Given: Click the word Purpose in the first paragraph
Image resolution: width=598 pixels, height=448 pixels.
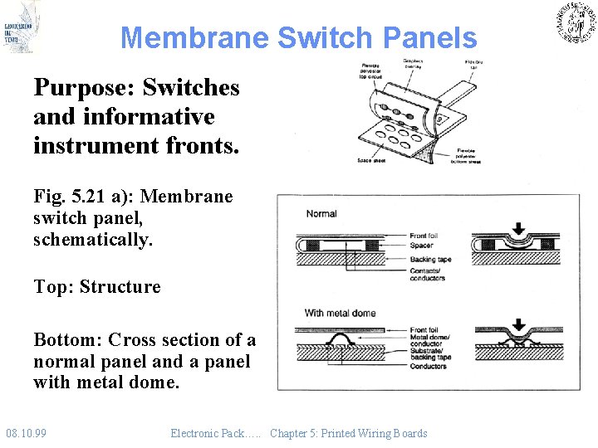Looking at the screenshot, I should click(81, 87).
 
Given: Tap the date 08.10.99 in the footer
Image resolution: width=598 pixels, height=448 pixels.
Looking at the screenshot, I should click(26, 433).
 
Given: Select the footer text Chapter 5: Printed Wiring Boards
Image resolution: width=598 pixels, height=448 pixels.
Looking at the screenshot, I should click(348, 433).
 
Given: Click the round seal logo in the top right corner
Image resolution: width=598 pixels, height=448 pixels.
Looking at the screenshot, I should click(576, 22).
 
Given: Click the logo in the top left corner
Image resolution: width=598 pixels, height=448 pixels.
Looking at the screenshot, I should click(21, 27).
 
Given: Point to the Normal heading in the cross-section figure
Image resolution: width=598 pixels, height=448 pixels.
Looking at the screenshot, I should click(321, 214).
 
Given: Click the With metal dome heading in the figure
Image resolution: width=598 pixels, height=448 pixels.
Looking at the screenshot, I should click(340, 313).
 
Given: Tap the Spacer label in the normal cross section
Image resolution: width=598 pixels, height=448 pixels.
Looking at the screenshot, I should click(423, 246).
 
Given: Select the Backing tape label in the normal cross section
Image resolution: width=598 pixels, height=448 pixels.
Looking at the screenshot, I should click(430, 259).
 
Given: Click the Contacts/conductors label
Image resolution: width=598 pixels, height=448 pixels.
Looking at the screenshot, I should click(428, 275).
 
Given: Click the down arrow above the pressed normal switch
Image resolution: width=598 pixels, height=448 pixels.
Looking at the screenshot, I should click(519, 228).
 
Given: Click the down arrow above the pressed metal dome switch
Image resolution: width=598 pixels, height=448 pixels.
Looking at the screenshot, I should click(519, 324).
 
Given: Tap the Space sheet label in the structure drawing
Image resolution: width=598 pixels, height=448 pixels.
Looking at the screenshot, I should click(370, 160).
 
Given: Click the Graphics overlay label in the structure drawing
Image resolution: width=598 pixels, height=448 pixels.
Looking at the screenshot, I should click(413, 64).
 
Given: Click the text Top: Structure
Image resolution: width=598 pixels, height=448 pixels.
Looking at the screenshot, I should click(97, 287).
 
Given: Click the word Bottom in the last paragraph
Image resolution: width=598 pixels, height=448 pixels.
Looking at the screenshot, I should click(67, 340).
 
